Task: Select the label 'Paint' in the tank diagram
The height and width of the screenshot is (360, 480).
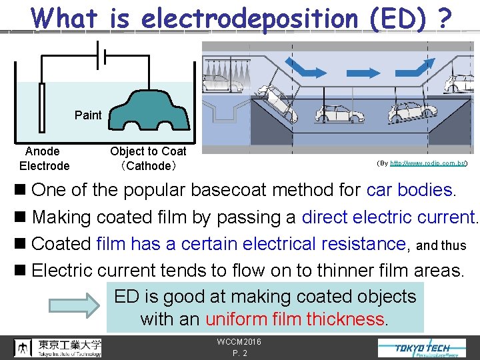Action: pos(88,115)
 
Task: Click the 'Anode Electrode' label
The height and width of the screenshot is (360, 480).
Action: pos(44,159)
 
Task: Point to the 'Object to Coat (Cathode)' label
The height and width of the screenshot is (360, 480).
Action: pos(148,159)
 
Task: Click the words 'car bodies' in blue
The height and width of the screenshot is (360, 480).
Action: pos(409,190)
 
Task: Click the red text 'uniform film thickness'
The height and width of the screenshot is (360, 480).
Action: pos(295,319)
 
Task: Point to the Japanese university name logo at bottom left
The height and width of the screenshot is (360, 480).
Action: pos(58,347)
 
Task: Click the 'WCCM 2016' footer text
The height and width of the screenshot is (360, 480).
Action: pos(239,342)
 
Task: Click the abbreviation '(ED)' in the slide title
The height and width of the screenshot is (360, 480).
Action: pos(397,18)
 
